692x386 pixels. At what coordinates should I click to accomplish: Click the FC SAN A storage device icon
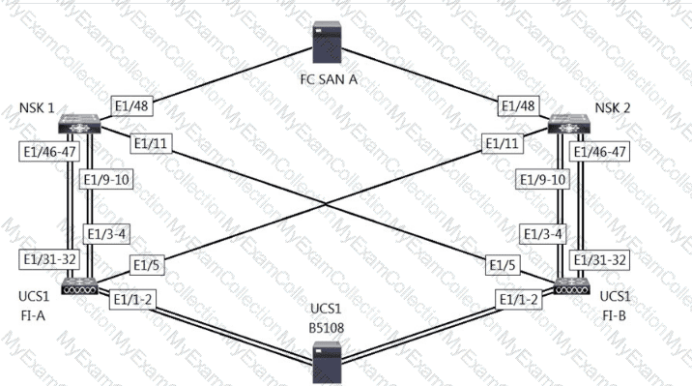(327, 42)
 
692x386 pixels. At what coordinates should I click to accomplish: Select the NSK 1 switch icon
(79, 124)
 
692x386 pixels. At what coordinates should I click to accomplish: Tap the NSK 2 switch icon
(569, 124)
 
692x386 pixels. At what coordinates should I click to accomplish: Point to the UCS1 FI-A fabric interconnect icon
(79, 286)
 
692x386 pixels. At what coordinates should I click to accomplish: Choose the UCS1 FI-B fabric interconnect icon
(572, 286)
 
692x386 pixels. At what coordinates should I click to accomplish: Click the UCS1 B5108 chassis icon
(327, 363)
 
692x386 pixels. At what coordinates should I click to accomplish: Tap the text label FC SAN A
(329, 79)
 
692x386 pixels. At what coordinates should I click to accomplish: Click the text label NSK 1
(37, 107)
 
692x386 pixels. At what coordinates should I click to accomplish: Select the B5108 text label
(326, 328)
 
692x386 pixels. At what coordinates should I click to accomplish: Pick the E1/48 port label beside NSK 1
(132, 106)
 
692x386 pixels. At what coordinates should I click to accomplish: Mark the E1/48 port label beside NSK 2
(519, 106)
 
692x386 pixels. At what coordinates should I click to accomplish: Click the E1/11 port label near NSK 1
(151, 143)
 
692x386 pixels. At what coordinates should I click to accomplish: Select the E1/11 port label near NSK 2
(503, 143)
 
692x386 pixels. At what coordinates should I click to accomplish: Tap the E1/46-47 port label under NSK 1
(49, 152)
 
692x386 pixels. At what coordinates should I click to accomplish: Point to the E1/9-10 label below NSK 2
(542, 179)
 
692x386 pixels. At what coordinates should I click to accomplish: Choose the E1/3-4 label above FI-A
(106, 234)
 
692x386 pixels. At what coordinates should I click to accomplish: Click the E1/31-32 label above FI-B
(600, 259)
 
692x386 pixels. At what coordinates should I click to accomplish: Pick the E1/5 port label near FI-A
(147, 265)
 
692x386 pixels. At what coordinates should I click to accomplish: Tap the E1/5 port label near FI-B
(503, 265)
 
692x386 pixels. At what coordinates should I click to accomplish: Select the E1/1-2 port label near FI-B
(519, 300)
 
